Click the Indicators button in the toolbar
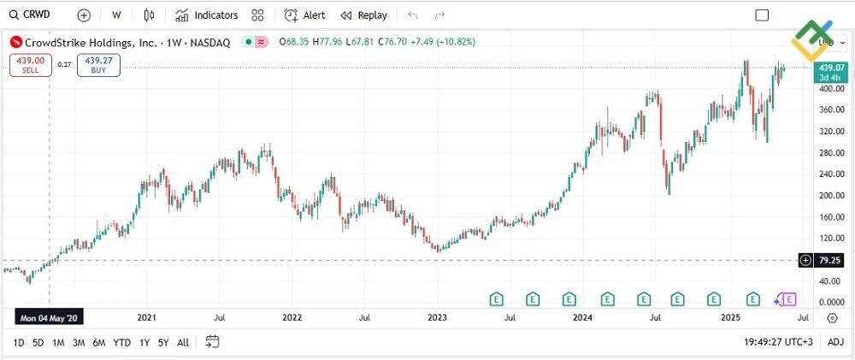click(206, 15)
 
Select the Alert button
click(305, 15)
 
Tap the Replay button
click(363, 15)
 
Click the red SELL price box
click(31, 65)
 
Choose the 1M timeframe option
click(58, 342)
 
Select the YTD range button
click(122, 342)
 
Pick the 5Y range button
click(163, 342)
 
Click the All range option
click(183, 342)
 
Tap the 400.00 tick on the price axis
click(826, 89)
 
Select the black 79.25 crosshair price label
click(826, 259)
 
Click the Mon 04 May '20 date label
click(48, 318)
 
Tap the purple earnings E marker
click(788, 298)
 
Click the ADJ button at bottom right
click(835, 342)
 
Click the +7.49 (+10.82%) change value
click(443, 42)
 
